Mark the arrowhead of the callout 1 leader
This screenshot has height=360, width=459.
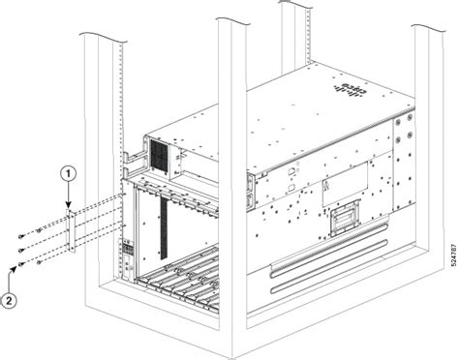tap(70, 205)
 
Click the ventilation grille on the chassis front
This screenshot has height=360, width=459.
tap(159, 155)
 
